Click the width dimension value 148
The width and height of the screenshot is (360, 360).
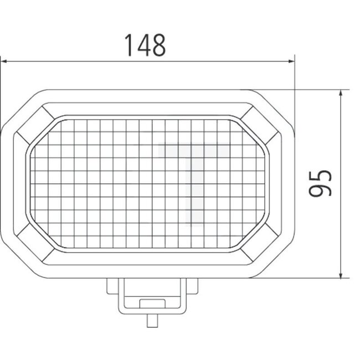(x=144, y=45)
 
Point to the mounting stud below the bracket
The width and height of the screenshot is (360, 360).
(x=150, y=322)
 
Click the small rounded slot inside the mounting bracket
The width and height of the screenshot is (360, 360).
(x=150, y=302)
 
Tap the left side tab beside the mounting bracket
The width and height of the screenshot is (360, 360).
(x=112, y=286)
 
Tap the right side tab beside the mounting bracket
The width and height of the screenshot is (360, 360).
(x=191, y=286)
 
